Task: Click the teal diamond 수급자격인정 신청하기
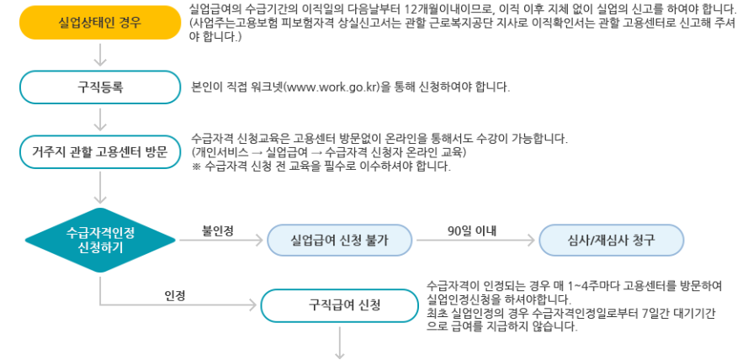(x=100, y=240)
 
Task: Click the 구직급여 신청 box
(x=340, y=304)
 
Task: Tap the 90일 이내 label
(x=473, y=229)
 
